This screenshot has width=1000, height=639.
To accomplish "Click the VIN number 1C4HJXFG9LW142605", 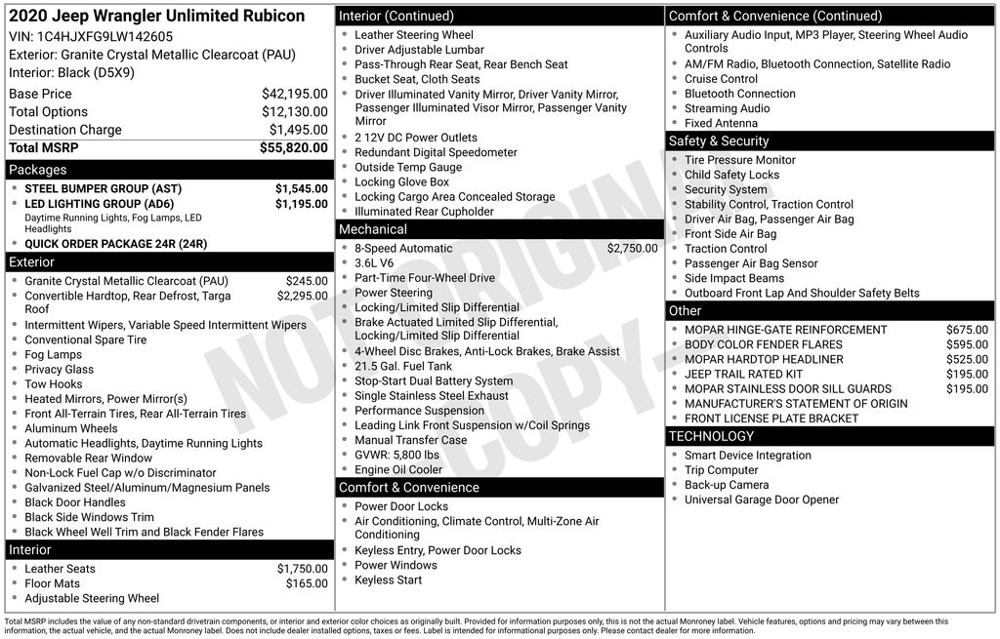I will click(104, 36).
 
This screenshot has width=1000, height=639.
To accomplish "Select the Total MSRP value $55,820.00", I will click(294, 147).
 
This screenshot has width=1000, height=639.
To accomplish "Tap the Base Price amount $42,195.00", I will click(295, 94).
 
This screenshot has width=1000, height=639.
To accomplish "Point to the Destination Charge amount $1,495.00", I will click(299, 130).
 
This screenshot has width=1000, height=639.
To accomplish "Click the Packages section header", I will click(38, 170).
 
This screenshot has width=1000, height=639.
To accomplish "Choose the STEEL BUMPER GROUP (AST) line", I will click(103, 188).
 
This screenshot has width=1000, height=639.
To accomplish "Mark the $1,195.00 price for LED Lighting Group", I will click(302, 204).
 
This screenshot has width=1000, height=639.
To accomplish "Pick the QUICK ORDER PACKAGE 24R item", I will click(115, 244).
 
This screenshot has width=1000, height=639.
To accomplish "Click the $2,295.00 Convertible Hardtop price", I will click(303, 296).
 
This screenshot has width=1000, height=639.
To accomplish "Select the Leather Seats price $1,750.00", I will click(303, 569).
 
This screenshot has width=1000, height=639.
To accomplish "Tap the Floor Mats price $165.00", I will click(307, 583).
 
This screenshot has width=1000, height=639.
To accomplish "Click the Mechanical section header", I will click(373, 230).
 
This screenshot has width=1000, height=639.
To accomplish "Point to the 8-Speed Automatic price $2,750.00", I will click(633, 249).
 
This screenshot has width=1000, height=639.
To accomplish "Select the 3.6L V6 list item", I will click(374, 263).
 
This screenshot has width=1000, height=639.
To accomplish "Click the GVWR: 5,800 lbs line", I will click(396, 455).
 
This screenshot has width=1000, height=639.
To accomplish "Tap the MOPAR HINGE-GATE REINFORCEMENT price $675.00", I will click(967, 330).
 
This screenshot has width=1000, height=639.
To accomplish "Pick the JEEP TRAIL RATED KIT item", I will click(743, 374).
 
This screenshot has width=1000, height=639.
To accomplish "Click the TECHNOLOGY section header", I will click(712, 436).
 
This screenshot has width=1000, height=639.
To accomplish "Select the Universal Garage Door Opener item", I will click(762, 499).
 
